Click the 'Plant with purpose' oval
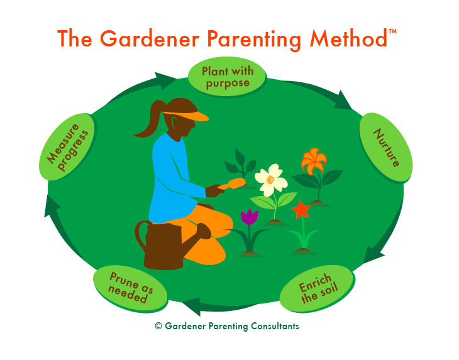[x=225, y=77]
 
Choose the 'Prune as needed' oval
[x=131, y=288]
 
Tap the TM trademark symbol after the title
[x=393, y=30]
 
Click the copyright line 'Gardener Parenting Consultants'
[x=227, y=326]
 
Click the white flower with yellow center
[x=271, y=179]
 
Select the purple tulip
[x=250, y=217]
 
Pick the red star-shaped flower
[x=301, y=209]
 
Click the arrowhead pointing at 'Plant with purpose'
[x=170, y=80]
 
